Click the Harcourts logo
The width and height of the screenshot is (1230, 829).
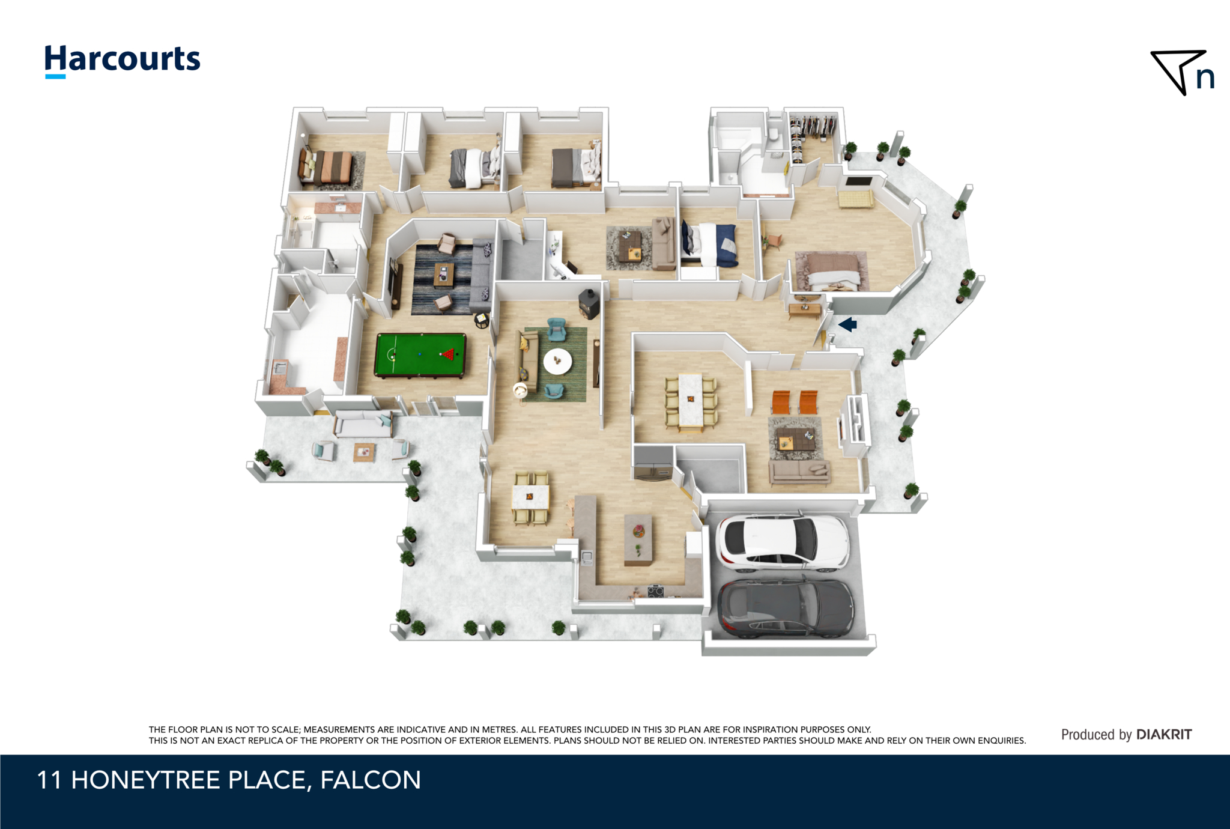coord(123,61)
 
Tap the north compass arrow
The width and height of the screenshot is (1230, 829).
coord(1177,71)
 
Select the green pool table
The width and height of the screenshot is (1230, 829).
coord(420,355)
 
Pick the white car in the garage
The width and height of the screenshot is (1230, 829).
coord(782,541)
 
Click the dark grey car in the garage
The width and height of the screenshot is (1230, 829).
coord(786,608)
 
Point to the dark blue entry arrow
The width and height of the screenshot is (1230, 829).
coord(847,325)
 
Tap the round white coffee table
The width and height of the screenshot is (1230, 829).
coord(557,361)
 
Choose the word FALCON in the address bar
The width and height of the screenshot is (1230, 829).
coord(371,780)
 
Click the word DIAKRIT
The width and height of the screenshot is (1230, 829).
coord(1164,735)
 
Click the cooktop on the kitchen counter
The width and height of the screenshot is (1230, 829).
coord(655,591)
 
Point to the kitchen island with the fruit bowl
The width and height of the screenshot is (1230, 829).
coord(638,539)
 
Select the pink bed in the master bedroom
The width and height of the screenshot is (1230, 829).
coord(832,272)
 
